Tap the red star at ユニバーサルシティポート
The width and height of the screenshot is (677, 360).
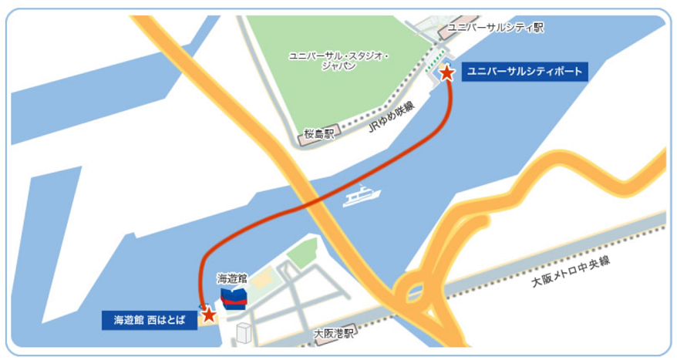446,73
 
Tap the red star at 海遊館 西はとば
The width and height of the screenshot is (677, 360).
207,314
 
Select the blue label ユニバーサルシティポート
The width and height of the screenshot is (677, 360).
524,73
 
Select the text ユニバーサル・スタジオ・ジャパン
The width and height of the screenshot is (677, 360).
339,61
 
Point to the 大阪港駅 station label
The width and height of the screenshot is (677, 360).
335,334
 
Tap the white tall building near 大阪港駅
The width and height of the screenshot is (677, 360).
244,334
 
